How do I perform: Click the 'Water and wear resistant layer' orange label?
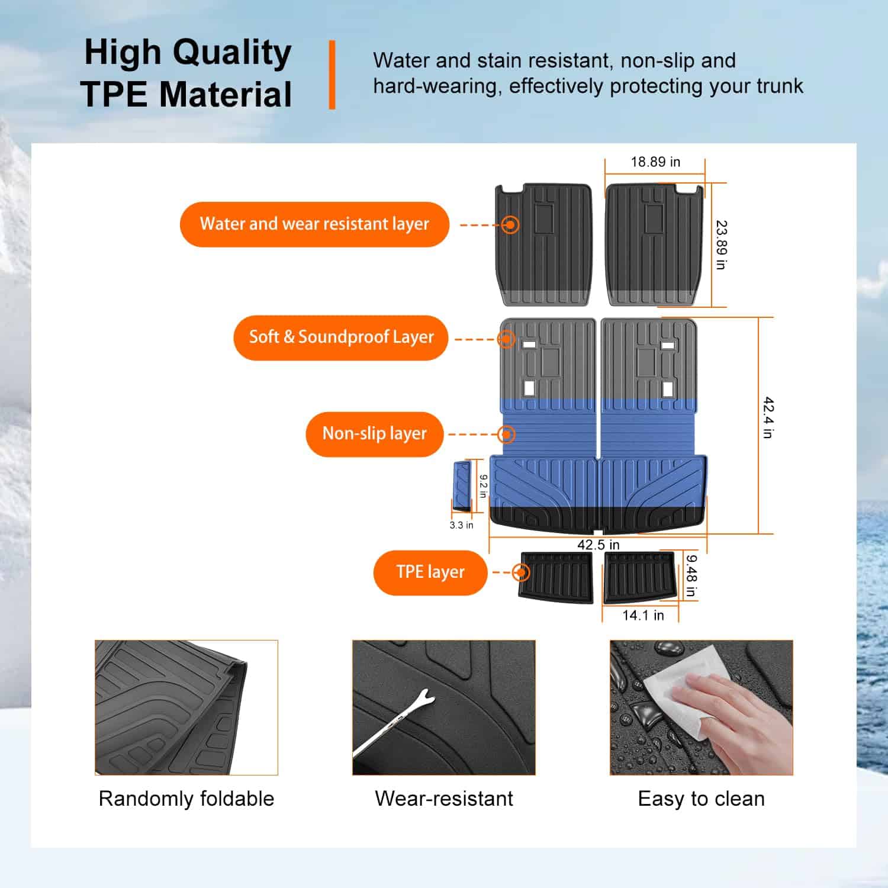click(x=314, y=224)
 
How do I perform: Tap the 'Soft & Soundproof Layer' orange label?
click(x=341, y=337)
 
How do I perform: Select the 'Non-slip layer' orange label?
click(x=374, y=434)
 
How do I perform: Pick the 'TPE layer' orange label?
click(x=430, y=572)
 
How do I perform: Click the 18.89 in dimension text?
click(x=655, y=162)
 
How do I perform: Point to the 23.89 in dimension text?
click(x=721, y=245)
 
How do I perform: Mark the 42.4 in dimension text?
click(x=768, y=417)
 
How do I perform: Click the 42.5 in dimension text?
click(x=599, y=545)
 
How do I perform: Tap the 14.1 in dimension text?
click(x=643, y=615)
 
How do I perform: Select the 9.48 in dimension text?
click(x=691, y=575)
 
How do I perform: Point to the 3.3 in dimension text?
click(x=461, y=525)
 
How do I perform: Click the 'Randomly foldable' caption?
click(x=186, y=799)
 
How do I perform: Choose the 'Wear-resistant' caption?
click(x=444, y=799)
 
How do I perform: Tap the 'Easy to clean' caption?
click(x=702, y=799)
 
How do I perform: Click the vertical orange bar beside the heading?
click(x=332, y=75)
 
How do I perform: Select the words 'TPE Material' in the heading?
click(x=186, y=94)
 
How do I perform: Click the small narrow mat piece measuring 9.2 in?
click(x=462, y=486)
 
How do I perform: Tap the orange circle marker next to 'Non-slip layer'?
click(x=506, y=435)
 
